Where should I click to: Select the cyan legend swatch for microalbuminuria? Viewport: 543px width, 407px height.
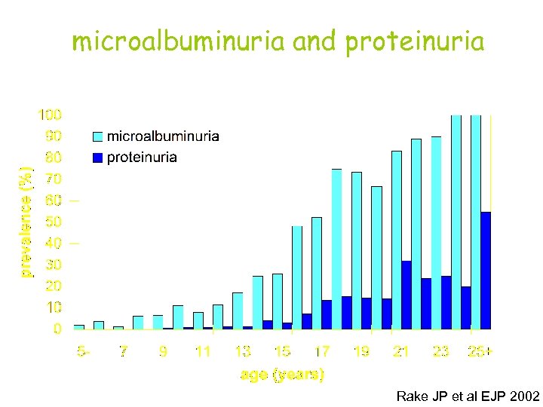(x=97, y=137)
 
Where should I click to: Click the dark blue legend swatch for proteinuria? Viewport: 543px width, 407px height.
(x=97, y=158)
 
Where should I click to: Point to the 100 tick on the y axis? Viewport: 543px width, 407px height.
(x=51, y=115)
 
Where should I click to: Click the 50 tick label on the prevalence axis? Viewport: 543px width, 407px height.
(x=54, y=222)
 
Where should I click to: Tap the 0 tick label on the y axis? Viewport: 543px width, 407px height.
(x=57, y=329)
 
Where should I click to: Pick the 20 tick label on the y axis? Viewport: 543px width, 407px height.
(x=54, y=286)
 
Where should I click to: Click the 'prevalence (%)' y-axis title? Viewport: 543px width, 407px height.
(x=26, y=222)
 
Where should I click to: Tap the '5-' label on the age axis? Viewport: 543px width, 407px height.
(x=84, y=351)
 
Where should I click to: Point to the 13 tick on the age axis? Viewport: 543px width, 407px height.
(x=242, y=351)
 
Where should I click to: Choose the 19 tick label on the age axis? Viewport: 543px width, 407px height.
(x=361, y=351)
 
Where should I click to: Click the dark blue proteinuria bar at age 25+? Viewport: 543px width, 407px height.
(x=486, y=271)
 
